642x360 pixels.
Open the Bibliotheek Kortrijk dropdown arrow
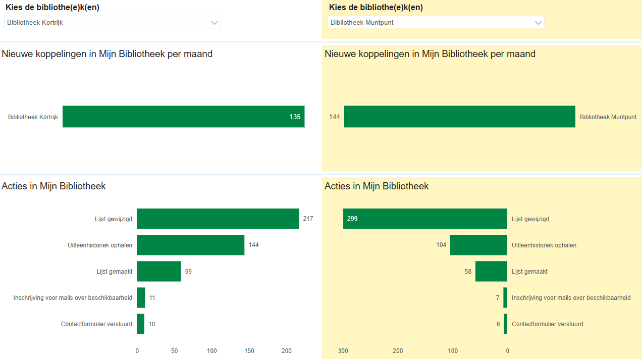(215, 23)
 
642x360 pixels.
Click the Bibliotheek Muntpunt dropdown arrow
(538, 23)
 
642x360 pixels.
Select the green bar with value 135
(183, 117)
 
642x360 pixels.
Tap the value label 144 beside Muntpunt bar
(334, 117)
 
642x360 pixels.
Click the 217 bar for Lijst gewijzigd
(218, 219)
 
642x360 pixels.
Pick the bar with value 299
(425, 219)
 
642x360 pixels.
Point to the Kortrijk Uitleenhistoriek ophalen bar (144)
(190, 245)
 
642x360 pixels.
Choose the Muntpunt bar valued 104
(478, 245)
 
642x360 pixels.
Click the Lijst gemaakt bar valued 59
(158, 271)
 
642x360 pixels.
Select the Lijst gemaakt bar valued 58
(491, 271)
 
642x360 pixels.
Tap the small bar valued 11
(141, 297)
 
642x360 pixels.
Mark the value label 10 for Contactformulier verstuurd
(152, 324)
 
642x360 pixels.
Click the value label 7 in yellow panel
(498, 298)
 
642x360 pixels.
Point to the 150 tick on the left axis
(249, 351)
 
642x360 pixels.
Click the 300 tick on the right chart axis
(343, 351)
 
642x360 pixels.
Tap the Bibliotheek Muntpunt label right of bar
(608, 117)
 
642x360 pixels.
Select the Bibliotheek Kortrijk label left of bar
(33, 117)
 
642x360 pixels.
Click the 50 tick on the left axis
(174, 351)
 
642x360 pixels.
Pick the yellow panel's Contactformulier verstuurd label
(547, 324)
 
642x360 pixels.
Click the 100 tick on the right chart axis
(453, 351)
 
